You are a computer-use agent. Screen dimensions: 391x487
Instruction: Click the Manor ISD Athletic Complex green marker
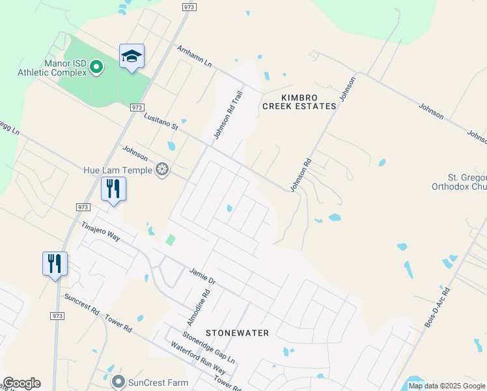[97, 66]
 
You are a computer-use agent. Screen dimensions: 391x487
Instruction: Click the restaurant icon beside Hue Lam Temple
[113, 189]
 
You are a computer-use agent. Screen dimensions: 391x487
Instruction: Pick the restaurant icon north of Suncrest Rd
[55, 264]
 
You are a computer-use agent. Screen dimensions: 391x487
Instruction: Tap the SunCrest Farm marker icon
[118, 381]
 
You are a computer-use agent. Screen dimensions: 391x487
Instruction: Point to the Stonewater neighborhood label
[238, 333]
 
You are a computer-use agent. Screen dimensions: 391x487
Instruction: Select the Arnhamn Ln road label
[195, 55]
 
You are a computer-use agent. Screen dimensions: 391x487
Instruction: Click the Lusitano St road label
[161, 121]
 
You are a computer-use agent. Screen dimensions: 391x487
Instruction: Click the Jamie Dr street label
[202, 276]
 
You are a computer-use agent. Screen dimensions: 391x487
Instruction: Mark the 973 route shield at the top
[188, 7]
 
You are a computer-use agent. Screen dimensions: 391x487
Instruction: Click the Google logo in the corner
[21, 383]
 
